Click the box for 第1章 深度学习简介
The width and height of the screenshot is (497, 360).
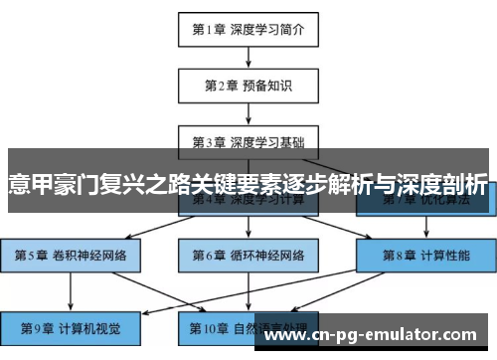[x=248, y=29]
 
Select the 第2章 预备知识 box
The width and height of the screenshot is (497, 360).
[x=248, y=85]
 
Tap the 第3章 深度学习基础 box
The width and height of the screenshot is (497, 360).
[x=248, y=140]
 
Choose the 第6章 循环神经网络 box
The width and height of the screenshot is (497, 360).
[x=248, y=255]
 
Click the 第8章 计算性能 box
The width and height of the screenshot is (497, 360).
[x=424, y=255]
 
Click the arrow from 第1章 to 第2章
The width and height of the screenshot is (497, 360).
[x=248, y=57]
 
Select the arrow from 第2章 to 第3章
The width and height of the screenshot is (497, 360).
[x=248, y=112]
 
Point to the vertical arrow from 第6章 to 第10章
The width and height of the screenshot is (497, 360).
[x=248, y=291]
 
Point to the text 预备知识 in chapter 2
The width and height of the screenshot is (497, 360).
[x=271, y=85]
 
